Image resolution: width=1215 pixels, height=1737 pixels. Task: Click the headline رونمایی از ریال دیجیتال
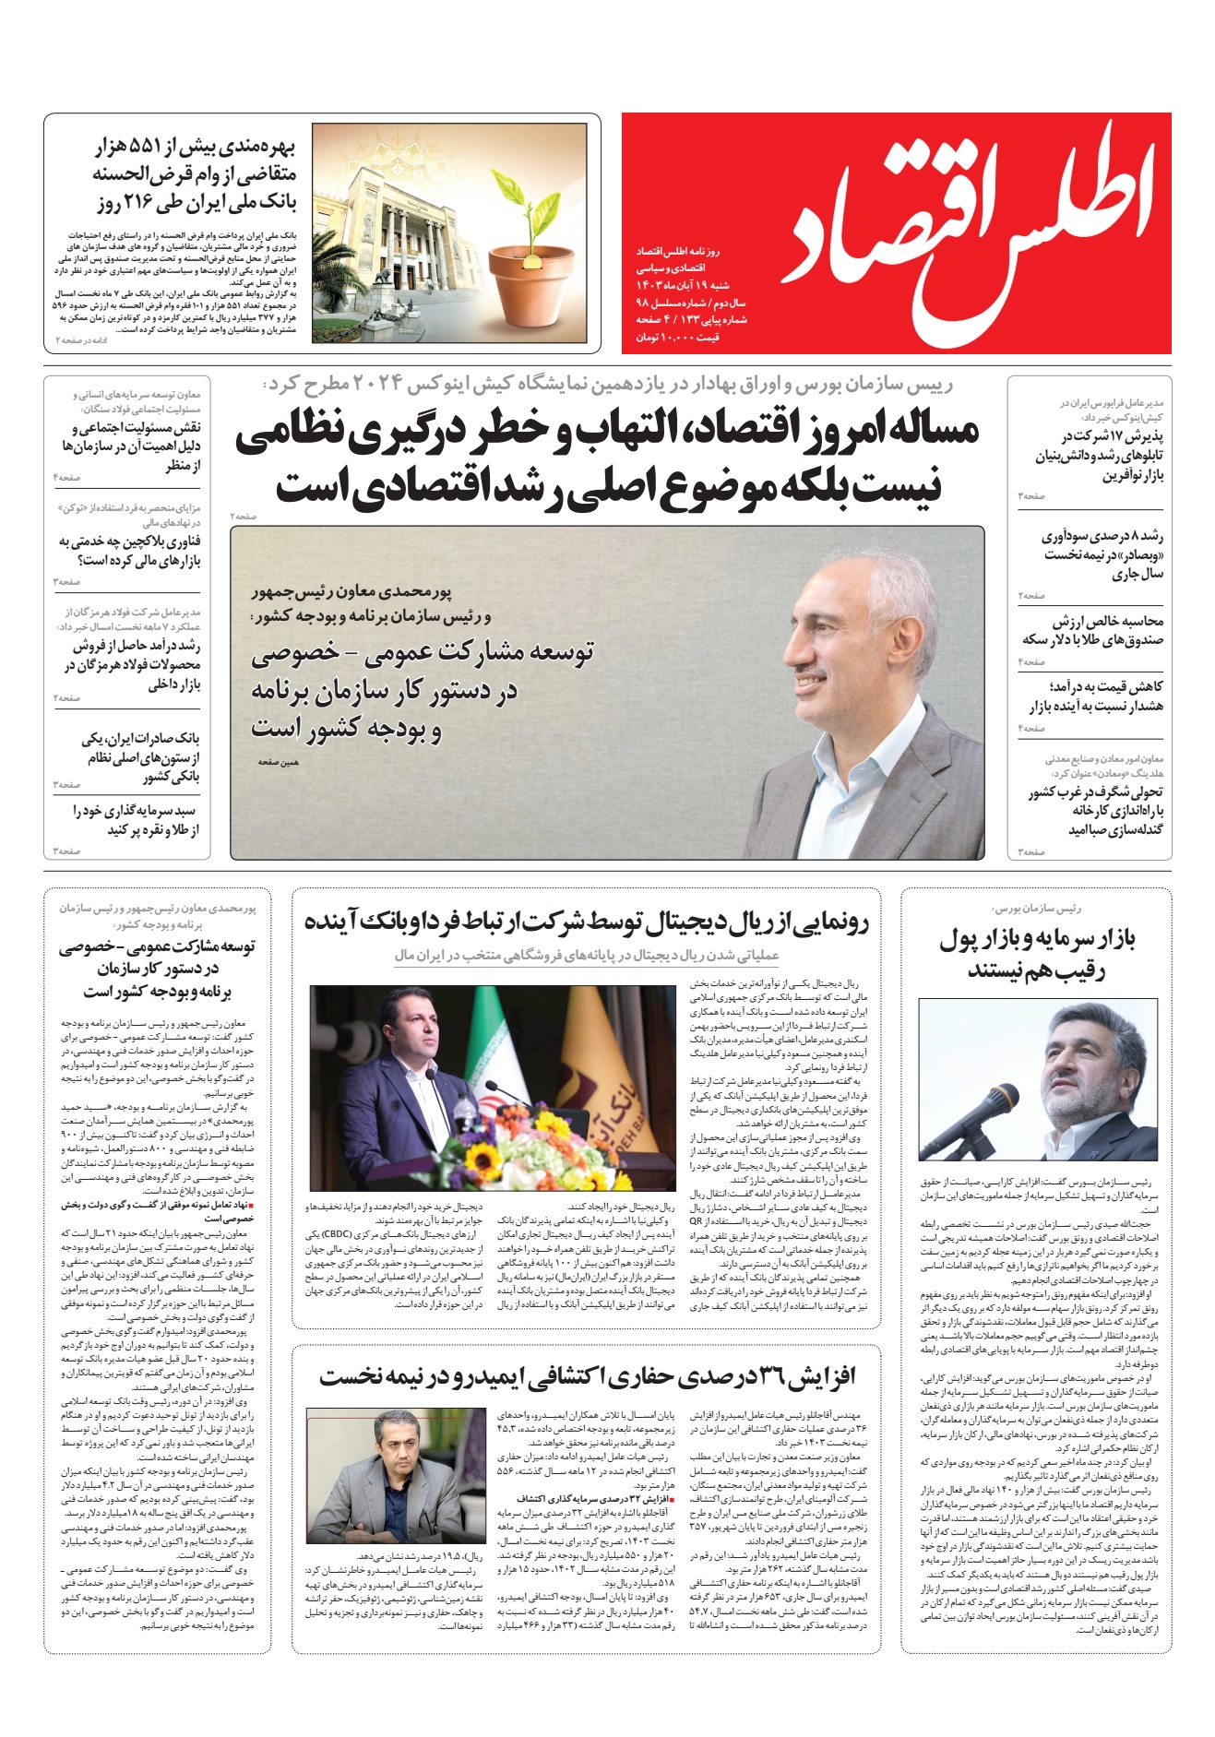click(587, 922)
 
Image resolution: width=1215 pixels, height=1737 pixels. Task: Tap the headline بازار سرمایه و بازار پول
click(1037, 955)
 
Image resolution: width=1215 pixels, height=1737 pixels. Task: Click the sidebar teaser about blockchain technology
click(129, 551)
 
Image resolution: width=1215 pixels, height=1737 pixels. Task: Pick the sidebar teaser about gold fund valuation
click(1092, 630)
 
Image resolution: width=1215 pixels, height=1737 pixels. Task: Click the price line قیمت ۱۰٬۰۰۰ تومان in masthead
click(677, 338)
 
